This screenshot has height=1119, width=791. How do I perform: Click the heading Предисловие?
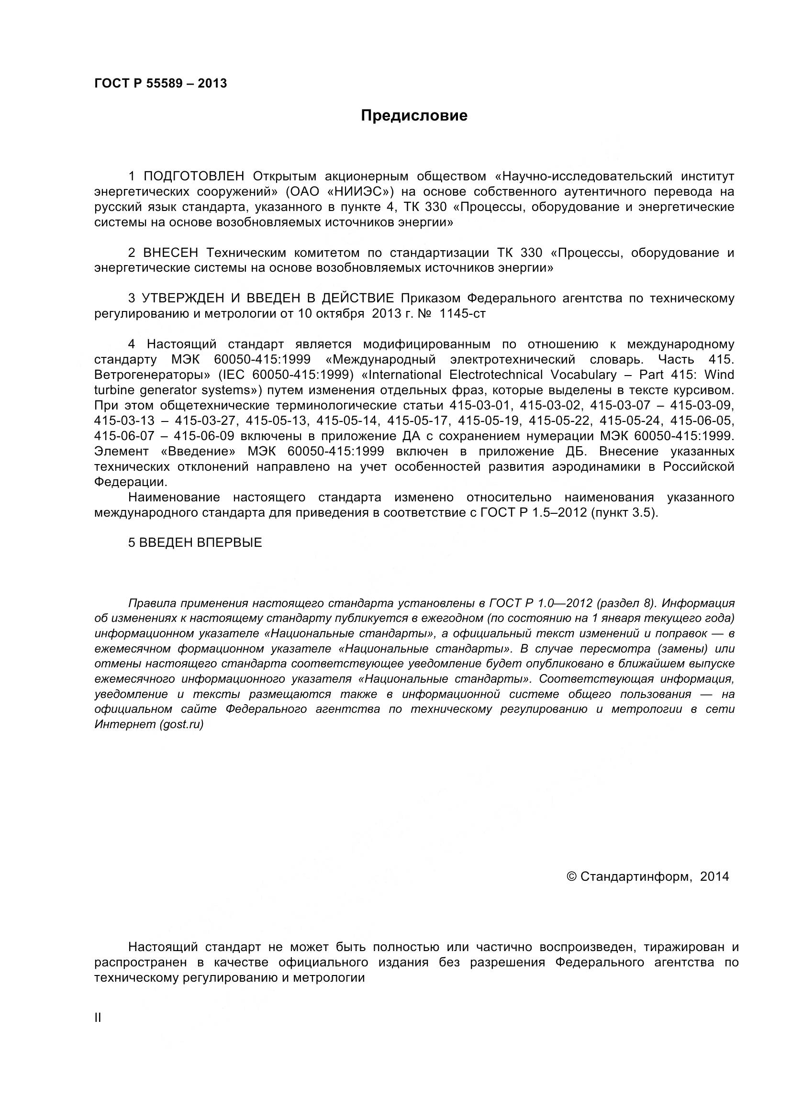414,115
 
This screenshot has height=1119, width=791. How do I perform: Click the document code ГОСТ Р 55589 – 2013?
160,83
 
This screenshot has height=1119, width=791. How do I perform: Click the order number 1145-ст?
463,313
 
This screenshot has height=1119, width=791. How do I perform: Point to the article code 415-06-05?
702,420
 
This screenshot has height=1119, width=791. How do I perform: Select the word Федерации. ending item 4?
131,482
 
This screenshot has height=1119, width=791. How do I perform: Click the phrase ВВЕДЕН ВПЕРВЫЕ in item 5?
201,543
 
